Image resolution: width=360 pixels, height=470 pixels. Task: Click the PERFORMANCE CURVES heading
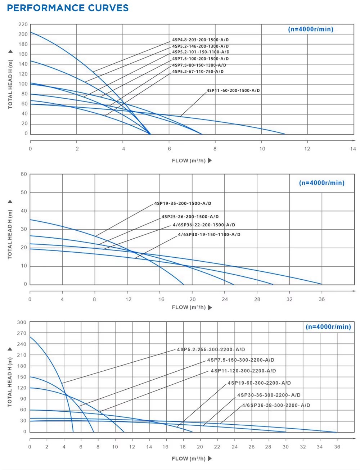coord(68,8)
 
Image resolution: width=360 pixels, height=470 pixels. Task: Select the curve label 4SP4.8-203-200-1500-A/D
coord(200,40)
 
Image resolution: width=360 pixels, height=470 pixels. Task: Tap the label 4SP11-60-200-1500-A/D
coord(233,91)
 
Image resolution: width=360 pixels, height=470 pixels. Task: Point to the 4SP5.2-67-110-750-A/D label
coord(198,72)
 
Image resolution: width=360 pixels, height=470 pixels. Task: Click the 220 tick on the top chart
coord(23,24)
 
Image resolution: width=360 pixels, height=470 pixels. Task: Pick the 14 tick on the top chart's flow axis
coord(353,149)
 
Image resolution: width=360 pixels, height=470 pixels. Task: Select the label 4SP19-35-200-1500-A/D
coord(183,204)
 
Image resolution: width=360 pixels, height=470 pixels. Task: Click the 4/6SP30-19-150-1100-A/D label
coord(209,235)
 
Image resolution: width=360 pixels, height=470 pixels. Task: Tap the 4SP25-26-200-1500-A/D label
coord(190,217)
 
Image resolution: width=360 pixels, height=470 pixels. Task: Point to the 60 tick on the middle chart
coord(24,174)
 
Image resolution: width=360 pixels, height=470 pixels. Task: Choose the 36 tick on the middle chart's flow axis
coord(321,299)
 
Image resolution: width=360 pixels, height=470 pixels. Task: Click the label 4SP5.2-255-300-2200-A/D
coord(211,350)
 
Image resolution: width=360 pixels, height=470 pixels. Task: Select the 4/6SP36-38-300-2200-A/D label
coord(276,406)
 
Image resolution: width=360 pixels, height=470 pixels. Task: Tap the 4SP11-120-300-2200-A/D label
coord(243,371)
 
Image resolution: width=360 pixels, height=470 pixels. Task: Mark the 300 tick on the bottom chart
coord(22,322)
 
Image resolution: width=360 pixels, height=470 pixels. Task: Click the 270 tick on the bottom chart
coord(22,334)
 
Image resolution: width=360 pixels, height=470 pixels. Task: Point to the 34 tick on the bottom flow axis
coord(320,447)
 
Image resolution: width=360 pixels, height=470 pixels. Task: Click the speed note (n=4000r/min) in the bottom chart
coord(328,327)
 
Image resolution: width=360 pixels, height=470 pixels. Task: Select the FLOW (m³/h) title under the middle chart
coord(189,307)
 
